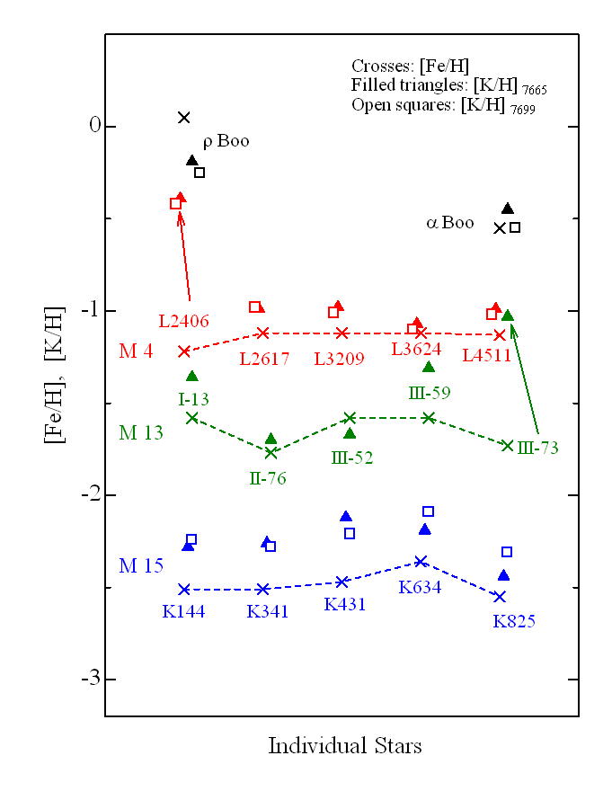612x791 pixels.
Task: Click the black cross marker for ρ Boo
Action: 184,118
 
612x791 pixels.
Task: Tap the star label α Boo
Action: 449,223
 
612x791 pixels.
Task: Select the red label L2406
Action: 183,320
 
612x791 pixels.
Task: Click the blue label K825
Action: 513,620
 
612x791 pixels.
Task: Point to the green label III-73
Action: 538,448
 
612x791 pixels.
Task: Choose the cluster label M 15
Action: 141,565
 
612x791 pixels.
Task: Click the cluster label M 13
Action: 141,432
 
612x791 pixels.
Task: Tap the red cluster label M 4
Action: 136,351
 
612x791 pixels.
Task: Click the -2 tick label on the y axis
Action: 84,495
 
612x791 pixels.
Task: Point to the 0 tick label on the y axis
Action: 89,127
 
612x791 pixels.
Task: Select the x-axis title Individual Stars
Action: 344,746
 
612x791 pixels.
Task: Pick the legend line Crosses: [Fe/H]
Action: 410,67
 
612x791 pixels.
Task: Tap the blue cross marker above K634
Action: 421,562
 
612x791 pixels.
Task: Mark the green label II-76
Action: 267,477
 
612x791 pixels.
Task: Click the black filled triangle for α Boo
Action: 508,209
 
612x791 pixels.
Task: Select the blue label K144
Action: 183,611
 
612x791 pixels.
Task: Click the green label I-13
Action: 194,395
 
